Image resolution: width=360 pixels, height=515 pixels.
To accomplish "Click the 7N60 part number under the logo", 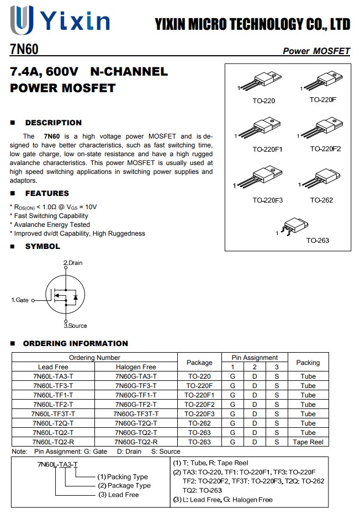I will [x=24, y=50].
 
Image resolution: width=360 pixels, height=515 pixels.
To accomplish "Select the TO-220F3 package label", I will [x=268, y=200].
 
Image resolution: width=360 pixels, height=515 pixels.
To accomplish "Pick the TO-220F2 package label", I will [x=325, y=149].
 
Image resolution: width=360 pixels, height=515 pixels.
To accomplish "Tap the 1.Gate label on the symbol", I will [x=20, y=300].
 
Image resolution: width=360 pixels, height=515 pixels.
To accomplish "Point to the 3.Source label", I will [x=75, y=326].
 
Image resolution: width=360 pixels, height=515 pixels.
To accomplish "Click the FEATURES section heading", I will [x=47, y=193].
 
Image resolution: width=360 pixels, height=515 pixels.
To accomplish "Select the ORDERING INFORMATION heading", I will [x=75, y=343].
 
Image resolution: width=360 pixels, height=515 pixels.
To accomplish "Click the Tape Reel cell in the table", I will [x=308, y=442].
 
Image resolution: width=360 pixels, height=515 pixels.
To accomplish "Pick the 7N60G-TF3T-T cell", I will [x=136, y=414].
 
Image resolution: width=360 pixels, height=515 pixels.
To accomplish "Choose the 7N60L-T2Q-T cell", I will [x=53, y=423].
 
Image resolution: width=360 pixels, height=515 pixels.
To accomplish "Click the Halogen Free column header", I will [x=136, y=367].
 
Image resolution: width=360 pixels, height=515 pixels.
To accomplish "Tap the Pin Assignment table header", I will [x=255, y=358].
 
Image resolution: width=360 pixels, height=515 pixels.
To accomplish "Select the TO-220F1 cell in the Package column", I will [x=199, y=395].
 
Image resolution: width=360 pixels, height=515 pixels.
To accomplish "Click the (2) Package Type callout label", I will [x=124, y=486].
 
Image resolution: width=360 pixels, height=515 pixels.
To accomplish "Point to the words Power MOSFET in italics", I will [x=316, y=51].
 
